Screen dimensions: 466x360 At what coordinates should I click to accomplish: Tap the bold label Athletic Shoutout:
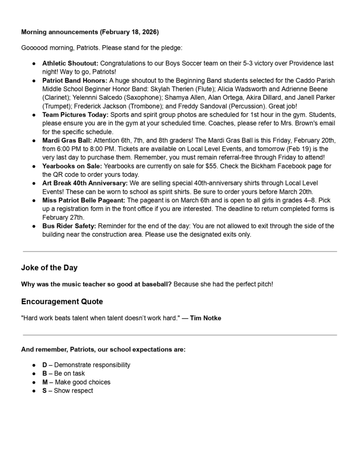70,63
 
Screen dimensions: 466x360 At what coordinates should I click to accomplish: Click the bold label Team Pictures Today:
76,115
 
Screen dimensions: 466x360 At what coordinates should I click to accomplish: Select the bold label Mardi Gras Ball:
67,140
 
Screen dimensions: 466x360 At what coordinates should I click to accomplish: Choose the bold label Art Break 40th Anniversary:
85,183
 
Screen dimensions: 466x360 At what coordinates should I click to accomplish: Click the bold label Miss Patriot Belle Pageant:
84,200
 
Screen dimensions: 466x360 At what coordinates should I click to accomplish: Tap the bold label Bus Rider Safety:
69,226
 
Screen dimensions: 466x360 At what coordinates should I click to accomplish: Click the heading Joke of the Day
49,268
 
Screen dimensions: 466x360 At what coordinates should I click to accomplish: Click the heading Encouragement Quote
62,301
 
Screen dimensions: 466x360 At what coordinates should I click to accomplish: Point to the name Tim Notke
206,318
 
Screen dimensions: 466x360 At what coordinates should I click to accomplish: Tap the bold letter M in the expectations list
45,382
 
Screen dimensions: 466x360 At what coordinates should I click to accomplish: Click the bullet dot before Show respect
34,390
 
